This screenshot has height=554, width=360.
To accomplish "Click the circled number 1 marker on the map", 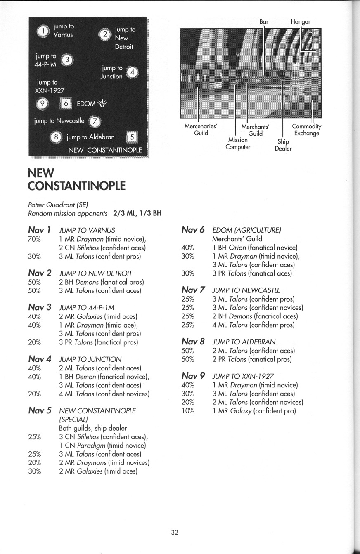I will (x=43, y=31).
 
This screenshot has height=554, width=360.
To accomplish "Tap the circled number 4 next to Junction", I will (x=132, y=72).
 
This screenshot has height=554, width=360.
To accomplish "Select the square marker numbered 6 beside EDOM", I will (x=66, y=104).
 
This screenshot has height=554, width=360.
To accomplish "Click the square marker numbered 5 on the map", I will (x=132, y=137).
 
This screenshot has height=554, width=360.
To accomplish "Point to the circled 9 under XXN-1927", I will (x=43, y=104).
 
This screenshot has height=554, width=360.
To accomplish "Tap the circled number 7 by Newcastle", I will (x=95, y=121).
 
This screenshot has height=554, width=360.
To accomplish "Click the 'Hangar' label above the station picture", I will (x=300, y=21).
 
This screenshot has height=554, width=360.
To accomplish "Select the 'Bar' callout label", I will (x=264, y=21).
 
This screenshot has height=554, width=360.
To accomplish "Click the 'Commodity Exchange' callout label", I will (x=306, y=130).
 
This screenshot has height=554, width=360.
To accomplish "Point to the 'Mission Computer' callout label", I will (x=238, y=144).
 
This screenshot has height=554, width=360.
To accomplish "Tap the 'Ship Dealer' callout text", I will (x=283, y=145).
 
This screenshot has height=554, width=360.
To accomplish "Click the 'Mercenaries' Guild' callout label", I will (x=201, y=130).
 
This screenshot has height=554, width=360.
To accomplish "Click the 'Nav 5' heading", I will (x=40, y=410).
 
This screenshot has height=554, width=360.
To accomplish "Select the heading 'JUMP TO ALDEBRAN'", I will (x=244, y=342).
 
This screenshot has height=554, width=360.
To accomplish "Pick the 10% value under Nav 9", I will (x=188, y=411).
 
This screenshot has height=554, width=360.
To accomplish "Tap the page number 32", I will (x=175, y=533).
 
